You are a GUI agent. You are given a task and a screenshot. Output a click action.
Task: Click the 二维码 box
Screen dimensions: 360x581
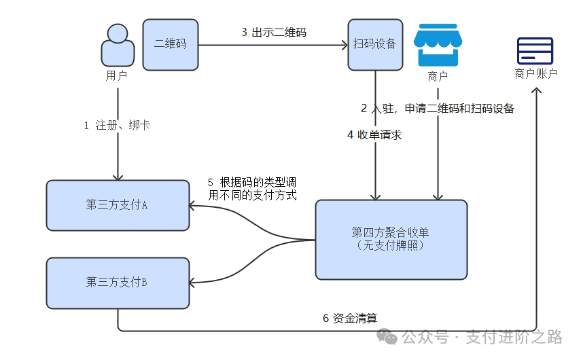(171, 44)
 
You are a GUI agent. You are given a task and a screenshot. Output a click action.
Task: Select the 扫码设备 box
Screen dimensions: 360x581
(374, 44)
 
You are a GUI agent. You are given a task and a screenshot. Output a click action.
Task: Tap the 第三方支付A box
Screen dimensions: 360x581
(118, 205)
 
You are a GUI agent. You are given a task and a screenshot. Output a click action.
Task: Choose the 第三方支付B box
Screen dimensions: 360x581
(118, 283)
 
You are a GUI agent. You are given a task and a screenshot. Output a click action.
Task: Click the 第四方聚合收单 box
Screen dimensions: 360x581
(391, 239)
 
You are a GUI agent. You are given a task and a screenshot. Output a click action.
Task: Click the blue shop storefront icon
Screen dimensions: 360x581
(438, 45)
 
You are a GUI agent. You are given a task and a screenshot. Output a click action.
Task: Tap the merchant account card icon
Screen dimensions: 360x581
(535, 51)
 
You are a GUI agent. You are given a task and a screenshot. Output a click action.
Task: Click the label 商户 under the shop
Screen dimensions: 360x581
(438, 76)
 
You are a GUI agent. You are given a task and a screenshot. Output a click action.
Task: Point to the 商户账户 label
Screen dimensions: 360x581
(535, 74)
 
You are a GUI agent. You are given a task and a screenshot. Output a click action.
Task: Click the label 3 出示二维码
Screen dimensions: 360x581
(274, 33)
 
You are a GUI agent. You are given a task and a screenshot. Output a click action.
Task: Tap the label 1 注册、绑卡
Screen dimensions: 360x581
(117, 126)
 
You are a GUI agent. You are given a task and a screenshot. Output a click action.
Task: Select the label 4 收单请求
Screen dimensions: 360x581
(374, 134)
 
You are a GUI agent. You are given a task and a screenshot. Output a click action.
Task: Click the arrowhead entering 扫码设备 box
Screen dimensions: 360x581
(344, 46)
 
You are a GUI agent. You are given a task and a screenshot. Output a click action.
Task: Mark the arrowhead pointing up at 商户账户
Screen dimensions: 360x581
(537, 91)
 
